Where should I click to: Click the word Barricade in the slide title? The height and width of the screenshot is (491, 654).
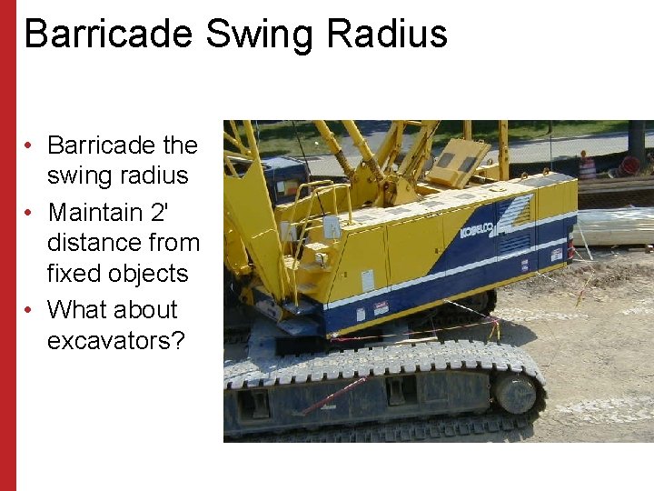pos(107,34)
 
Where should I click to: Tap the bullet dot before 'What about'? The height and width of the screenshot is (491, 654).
pos(30,310)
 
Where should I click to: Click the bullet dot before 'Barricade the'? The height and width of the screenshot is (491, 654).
pos(30,145)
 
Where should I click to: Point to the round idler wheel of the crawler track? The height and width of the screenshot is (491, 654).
pos(516,394)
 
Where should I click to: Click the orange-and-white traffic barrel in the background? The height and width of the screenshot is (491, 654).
pos(587,167)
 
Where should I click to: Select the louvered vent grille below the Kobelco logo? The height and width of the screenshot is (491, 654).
pos(514,244)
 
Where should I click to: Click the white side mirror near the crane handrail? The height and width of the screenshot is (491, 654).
pos(332,226)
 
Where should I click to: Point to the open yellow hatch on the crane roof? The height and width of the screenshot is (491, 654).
pos(459,161)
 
